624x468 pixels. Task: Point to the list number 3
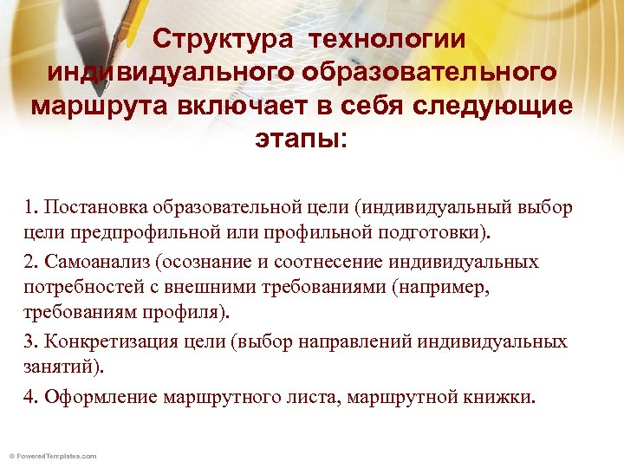pos(31,341)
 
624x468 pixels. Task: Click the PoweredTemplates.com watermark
pos(52,455)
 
